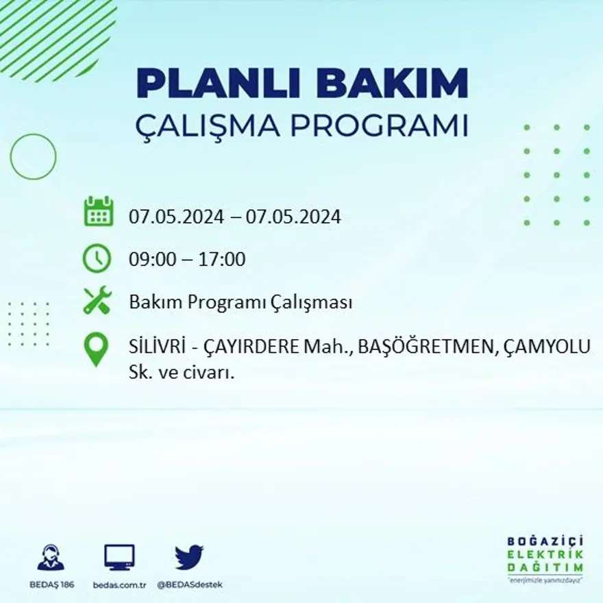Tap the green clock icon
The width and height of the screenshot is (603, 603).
[x=97, y=258]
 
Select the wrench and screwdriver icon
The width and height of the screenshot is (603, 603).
[x=97, y=301]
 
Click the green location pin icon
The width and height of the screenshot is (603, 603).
[x=97, y=349]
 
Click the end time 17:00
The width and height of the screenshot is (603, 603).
[x=222, y=260]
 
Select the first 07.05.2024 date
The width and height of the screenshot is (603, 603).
[x=176, y=217]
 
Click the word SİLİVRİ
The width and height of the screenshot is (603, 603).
[x=156, y=347]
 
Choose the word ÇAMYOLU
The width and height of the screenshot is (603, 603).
[x=546, y=347]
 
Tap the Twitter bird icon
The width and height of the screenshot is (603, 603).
[x=189, y=557]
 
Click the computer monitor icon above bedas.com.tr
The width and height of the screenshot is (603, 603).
[x=119, y=557]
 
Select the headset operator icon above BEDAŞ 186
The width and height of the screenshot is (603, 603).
[x=51, y=557]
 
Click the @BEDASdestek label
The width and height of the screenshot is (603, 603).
[x=190, y=584]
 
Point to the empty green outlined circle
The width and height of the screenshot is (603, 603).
[x=33, y=157]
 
